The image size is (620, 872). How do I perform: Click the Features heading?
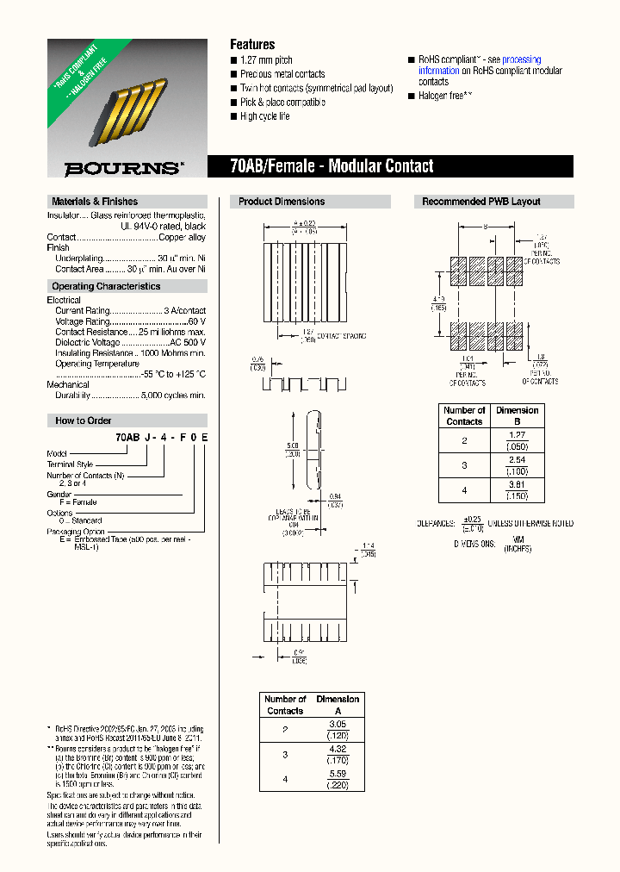252,44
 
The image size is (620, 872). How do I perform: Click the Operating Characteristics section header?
106,286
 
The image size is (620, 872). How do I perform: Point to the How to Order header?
83,420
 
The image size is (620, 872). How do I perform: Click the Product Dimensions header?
282,202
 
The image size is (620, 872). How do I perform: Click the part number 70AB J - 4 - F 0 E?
161,438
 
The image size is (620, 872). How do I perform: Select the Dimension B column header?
518,416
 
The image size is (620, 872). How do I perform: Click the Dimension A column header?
338,705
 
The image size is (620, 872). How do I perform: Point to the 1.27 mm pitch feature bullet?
266,60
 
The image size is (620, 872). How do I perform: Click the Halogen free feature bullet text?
445,96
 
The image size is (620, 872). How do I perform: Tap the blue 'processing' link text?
521,60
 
